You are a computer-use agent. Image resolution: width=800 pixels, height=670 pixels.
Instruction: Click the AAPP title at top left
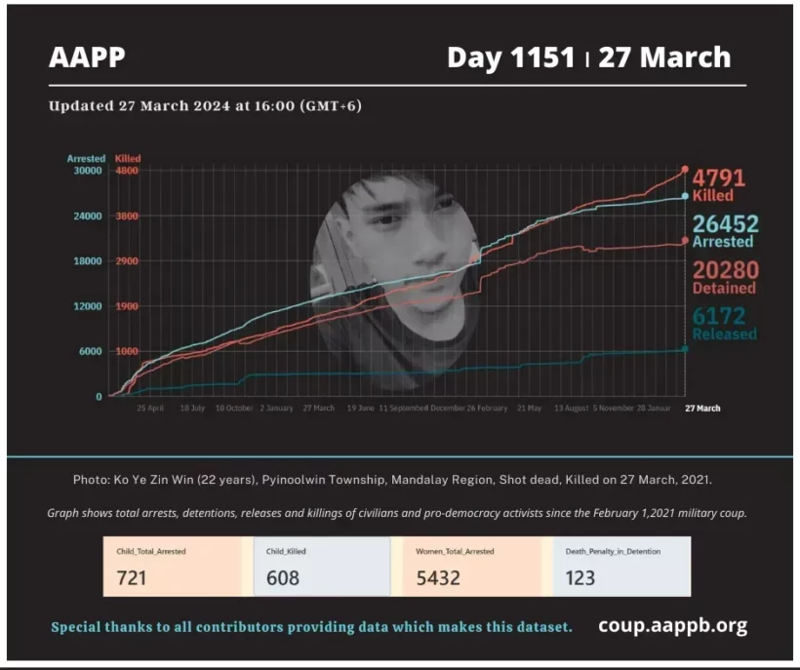tap(87, 58)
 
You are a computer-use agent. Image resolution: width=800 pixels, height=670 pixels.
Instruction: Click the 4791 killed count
tap(719, 178)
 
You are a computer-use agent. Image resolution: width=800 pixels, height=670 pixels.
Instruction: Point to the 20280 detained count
tap(725, 270)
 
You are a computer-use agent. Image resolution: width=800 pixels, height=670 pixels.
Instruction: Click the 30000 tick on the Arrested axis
tap(88, 171)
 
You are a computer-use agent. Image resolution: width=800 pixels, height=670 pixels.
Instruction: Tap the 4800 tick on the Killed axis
tap(127, 171)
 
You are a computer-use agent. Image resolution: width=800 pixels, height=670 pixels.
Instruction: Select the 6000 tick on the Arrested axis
tap(90, 351)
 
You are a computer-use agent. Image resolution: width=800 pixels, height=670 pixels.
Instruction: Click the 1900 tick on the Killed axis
tap(127, 306)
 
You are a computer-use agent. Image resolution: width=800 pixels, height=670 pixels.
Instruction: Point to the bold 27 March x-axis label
tap(702, 408)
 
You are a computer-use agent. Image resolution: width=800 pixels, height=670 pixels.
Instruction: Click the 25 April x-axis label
tap(149, 408)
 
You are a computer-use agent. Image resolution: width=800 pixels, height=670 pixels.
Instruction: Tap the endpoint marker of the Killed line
tap(685, 170)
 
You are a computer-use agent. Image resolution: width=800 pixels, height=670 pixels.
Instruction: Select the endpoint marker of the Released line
tap(685, 348)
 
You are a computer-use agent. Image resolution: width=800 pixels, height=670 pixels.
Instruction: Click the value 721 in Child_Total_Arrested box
tap(132, 578)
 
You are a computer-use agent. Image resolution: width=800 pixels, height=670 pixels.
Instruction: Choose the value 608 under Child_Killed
tap(283, 578)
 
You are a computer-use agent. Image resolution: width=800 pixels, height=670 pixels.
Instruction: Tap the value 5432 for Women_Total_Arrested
tap(439, 578)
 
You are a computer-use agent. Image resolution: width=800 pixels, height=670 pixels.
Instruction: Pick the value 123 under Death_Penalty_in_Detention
tap(580, 578)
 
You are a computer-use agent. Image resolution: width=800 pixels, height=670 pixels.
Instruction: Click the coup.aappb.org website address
tap(672, 626)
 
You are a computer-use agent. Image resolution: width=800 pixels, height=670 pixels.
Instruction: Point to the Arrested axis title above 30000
tap(86, 158)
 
